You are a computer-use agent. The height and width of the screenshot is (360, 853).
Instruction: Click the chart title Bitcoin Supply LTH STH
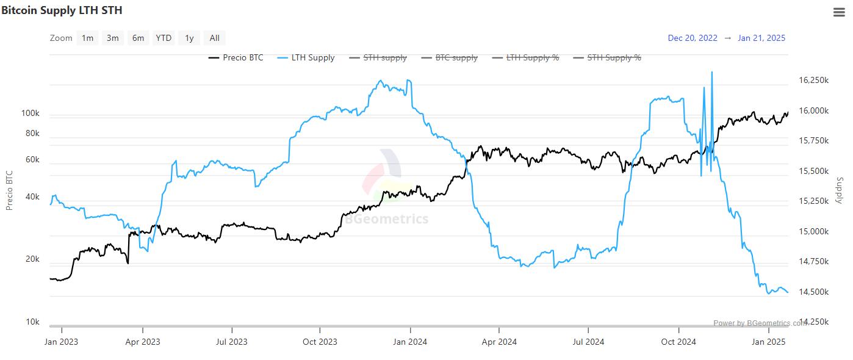[62, 10]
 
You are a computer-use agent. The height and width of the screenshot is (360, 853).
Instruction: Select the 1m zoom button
[87, 38]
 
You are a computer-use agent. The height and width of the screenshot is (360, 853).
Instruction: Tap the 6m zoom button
[139, 38]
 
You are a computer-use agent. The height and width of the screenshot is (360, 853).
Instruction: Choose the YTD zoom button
[164, 38]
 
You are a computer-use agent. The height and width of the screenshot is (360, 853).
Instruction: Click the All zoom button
[214, 38]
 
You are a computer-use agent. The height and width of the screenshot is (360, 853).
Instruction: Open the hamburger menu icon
[838, 12]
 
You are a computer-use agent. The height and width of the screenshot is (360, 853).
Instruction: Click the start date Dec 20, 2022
[693, 38]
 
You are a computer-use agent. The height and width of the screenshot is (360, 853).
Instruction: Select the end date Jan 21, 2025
[761, 38]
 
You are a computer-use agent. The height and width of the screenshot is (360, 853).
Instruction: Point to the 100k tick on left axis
[30, 114]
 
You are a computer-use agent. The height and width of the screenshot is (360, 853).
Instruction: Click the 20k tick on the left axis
[32, 259]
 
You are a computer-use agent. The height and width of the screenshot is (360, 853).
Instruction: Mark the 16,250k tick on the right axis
[814, 81]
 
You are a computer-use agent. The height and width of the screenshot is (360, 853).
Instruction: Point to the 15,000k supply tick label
[814, 232]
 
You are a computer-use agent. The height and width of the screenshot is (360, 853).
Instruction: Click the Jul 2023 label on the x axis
[231, 342]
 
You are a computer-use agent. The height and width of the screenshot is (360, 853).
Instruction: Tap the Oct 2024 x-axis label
[678, 342]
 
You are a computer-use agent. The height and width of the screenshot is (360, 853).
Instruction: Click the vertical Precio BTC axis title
[10, 190]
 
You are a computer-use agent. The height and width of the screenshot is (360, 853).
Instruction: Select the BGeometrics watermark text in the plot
[387, 219]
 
